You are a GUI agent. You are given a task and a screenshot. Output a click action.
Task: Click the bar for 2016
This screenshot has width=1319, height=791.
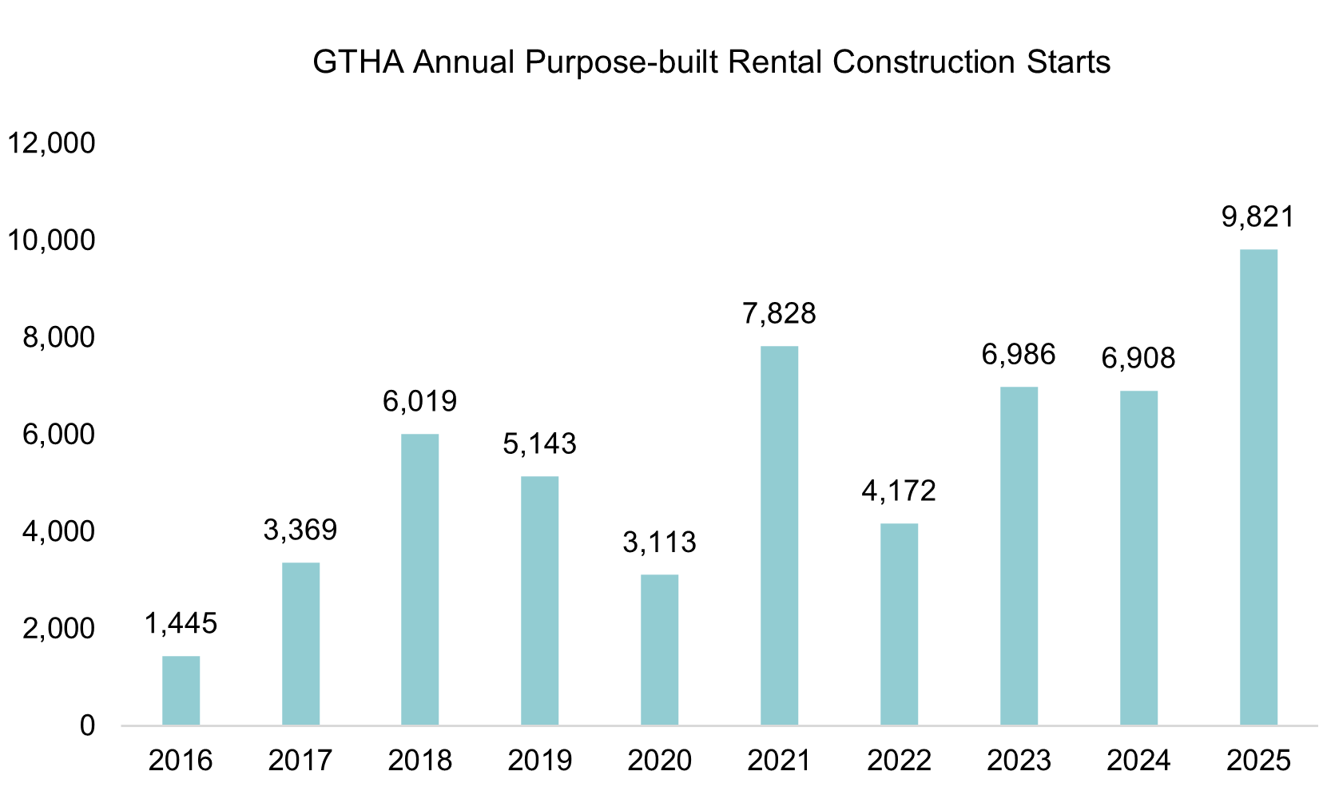181,690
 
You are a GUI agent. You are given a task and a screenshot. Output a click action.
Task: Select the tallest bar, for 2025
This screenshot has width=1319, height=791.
1257,487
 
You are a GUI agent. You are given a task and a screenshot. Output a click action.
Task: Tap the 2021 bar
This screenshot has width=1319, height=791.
779,535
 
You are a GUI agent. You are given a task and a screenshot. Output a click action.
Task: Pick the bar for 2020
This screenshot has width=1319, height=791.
659,650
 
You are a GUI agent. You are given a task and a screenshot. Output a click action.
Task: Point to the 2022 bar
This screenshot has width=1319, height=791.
899,624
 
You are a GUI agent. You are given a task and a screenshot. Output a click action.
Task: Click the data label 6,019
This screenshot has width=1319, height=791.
419,401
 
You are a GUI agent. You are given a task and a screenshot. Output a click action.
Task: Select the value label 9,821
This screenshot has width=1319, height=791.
1257,217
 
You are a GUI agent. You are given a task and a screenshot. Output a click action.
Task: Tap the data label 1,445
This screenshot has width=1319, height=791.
181,623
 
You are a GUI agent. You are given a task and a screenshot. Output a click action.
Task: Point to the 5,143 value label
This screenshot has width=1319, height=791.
539,443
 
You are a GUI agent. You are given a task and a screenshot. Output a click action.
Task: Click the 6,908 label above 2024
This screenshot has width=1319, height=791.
1138,358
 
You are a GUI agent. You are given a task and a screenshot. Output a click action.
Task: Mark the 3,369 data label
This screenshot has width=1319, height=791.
300,530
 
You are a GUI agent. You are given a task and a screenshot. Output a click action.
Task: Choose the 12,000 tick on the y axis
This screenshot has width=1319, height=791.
50,144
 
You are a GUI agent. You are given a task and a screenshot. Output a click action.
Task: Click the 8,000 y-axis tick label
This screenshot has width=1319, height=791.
58,338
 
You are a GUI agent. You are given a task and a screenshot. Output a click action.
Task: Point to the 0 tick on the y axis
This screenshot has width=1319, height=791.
87,725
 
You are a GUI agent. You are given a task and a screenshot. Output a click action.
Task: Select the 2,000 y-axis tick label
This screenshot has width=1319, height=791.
58,629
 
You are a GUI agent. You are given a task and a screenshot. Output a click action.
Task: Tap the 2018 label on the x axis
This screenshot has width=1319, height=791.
419,760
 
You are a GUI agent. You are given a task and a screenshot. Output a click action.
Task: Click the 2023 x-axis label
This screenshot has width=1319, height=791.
1019,760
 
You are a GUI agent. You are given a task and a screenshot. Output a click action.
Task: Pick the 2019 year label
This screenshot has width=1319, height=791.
539,760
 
